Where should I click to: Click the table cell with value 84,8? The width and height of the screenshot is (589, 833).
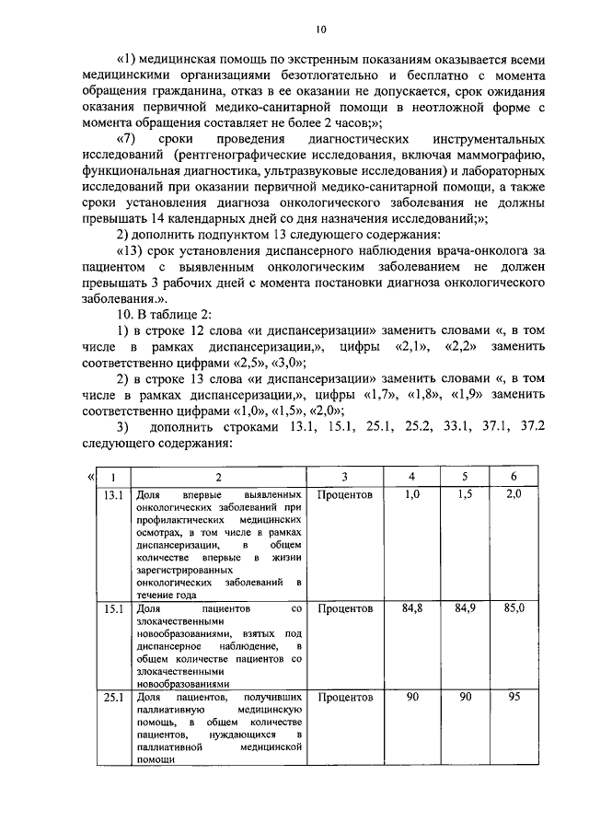click(x=412, y=608)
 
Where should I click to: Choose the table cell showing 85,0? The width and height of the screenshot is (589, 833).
click(x=514, y=608)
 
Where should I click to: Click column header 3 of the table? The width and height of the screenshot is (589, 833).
click(x=343, y=477)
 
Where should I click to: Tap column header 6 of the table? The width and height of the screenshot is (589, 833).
click(x=514, y=477)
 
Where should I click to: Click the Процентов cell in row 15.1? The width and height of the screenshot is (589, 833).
click(x=344, y=608)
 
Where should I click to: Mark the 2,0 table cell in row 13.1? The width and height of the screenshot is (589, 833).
click(x=514, y=495)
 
